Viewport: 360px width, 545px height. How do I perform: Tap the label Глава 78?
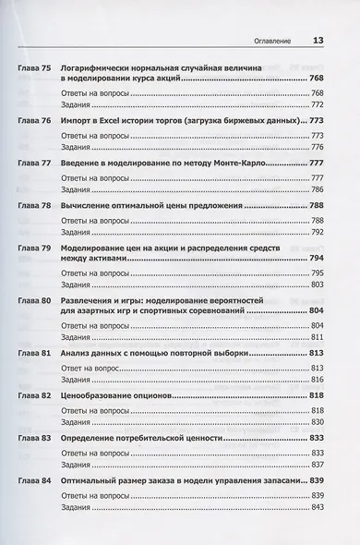tap(36, 205)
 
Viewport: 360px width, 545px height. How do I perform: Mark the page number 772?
tap(318, 107)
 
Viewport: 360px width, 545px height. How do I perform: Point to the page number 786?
tap(318, 188)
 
